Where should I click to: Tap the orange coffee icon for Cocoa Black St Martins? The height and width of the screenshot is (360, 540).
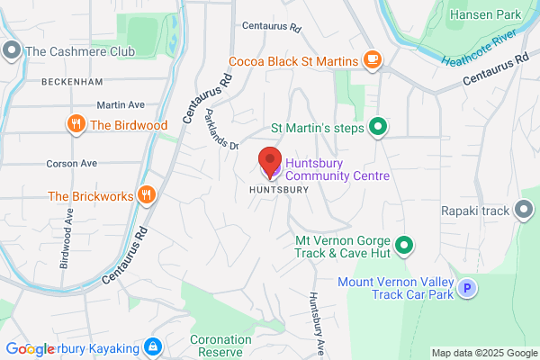point(373,60)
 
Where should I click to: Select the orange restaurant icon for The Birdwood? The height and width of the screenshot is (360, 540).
point(76,124)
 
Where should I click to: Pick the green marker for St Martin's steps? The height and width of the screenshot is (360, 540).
point(379,128)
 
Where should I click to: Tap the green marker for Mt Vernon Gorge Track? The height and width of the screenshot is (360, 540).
point(405,244)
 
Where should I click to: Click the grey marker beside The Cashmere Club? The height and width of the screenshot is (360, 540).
point(12,51)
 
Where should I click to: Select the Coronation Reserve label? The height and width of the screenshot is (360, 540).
point(220,346)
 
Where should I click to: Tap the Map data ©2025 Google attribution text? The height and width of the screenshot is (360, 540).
point(482,353)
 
